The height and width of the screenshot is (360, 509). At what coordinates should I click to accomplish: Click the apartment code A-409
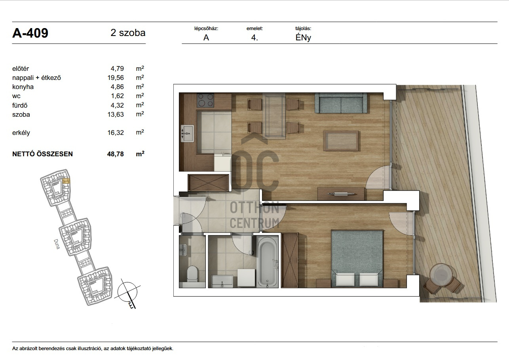[30, 33]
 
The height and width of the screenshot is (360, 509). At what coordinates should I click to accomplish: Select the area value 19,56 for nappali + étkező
[116, 78]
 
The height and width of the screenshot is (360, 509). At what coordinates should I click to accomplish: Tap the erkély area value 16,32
[116, 133]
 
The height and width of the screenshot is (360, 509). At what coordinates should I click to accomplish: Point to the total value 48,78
[116, 154]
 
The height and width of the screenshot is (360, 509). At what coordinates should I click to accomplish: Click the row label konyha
[23, 87]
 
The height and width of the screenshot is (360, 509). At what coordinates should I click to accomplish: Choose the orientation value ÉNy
[303, 38]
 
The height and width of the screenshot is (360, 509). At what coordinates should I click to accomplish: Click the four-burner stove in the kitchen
[206, 100]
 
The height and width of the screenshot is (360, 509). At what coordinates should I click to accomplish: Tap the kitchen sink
[188, 133]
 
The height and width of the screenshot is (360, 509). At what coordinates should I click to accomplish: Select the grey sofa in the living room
[341, 103]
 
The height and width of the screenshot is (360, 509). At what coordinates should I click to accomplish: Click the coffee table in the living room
[341, 141]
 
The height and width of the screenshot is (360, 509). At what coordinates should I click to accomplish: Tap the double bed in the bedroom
[357, 258]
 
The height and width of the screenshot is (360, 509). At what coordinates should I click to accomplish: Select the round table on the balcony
[441, 275]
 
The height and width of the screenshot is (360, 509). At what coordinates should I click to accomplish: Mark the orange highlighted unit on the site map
[66, 181]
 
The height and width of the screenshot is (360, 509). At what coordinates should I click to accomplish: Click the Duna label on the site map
[57, 244]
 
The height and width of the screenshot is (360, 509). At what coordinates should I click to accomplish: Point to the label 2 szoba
[128, 33]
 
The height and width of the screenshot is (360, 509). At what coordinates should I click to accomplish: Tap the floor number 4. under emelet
[255, 38]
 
